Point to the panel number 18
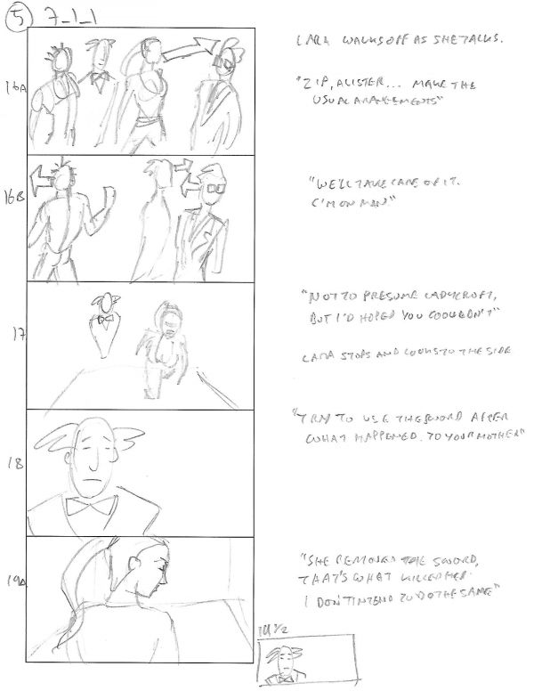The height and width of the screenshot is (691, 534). [13, 463]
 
